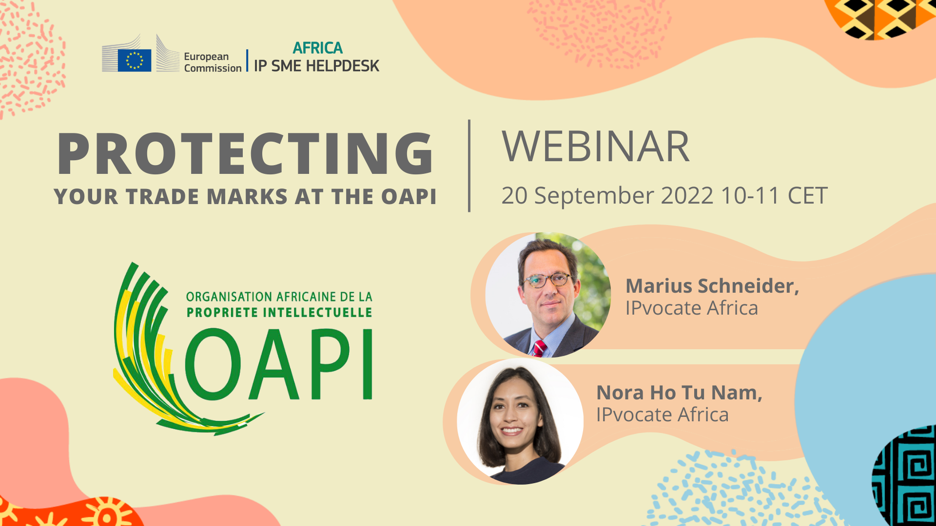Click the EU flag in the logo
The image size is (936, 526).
click(x=134, y=60)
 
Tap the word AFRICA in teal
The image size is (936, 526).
click(x=318, y=48)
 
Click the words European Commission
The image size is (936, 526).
click(x=212, y=62)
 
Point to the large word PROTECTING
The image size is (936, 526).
click(x=245, y=153)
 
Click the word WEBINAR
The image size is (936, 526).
click(x=595, y=147)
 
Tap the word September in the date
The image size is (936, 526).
click(x=594, y=196)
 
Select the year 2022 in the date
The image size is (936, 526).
click(x=687, y=196)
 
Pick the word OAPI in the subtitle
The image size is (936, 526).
click(x=409, y=197)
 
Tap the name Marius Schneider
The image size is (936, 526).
click(x=712, y=286)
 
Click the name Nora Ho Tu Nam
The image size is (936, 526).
click(x=679, y=393)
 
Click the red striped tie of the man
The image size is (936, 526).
click(x=539, y=348)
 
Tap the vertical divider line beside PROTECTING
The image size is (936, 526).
click(x=469, y=166)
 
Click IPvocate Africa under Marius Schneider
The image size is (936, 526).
click(x=691, y=308)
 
